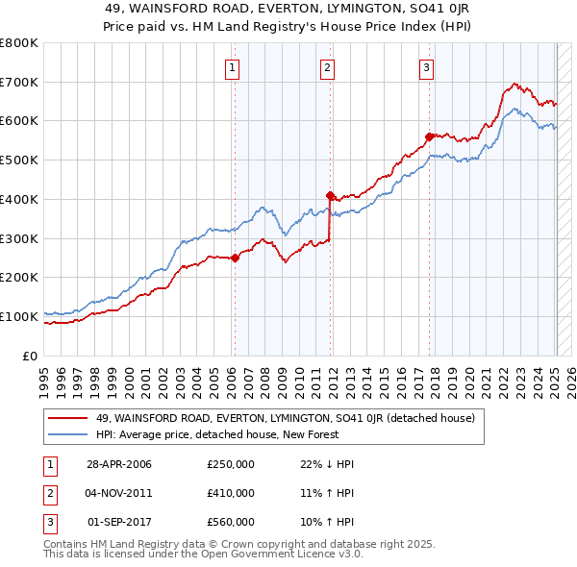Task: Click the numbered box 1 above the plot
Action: (234, 67)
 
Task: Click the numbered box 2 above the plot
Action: (328, 67)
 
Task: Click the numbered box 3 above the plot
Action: (426, 67)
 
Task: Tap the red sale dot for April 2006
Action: (235, 258)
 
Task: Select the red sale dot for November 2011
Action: (330, 195)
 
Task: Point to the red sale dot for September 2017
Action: (429, 136)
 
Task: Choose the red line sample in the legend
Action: (68, 418)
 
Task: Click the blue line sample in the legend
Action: (68, 434)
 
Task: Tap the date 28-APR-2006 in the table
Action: (119, 464)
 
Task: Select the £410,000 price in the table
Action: (231, 493)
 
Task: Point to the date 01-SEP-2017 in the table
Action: (119, 522)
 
